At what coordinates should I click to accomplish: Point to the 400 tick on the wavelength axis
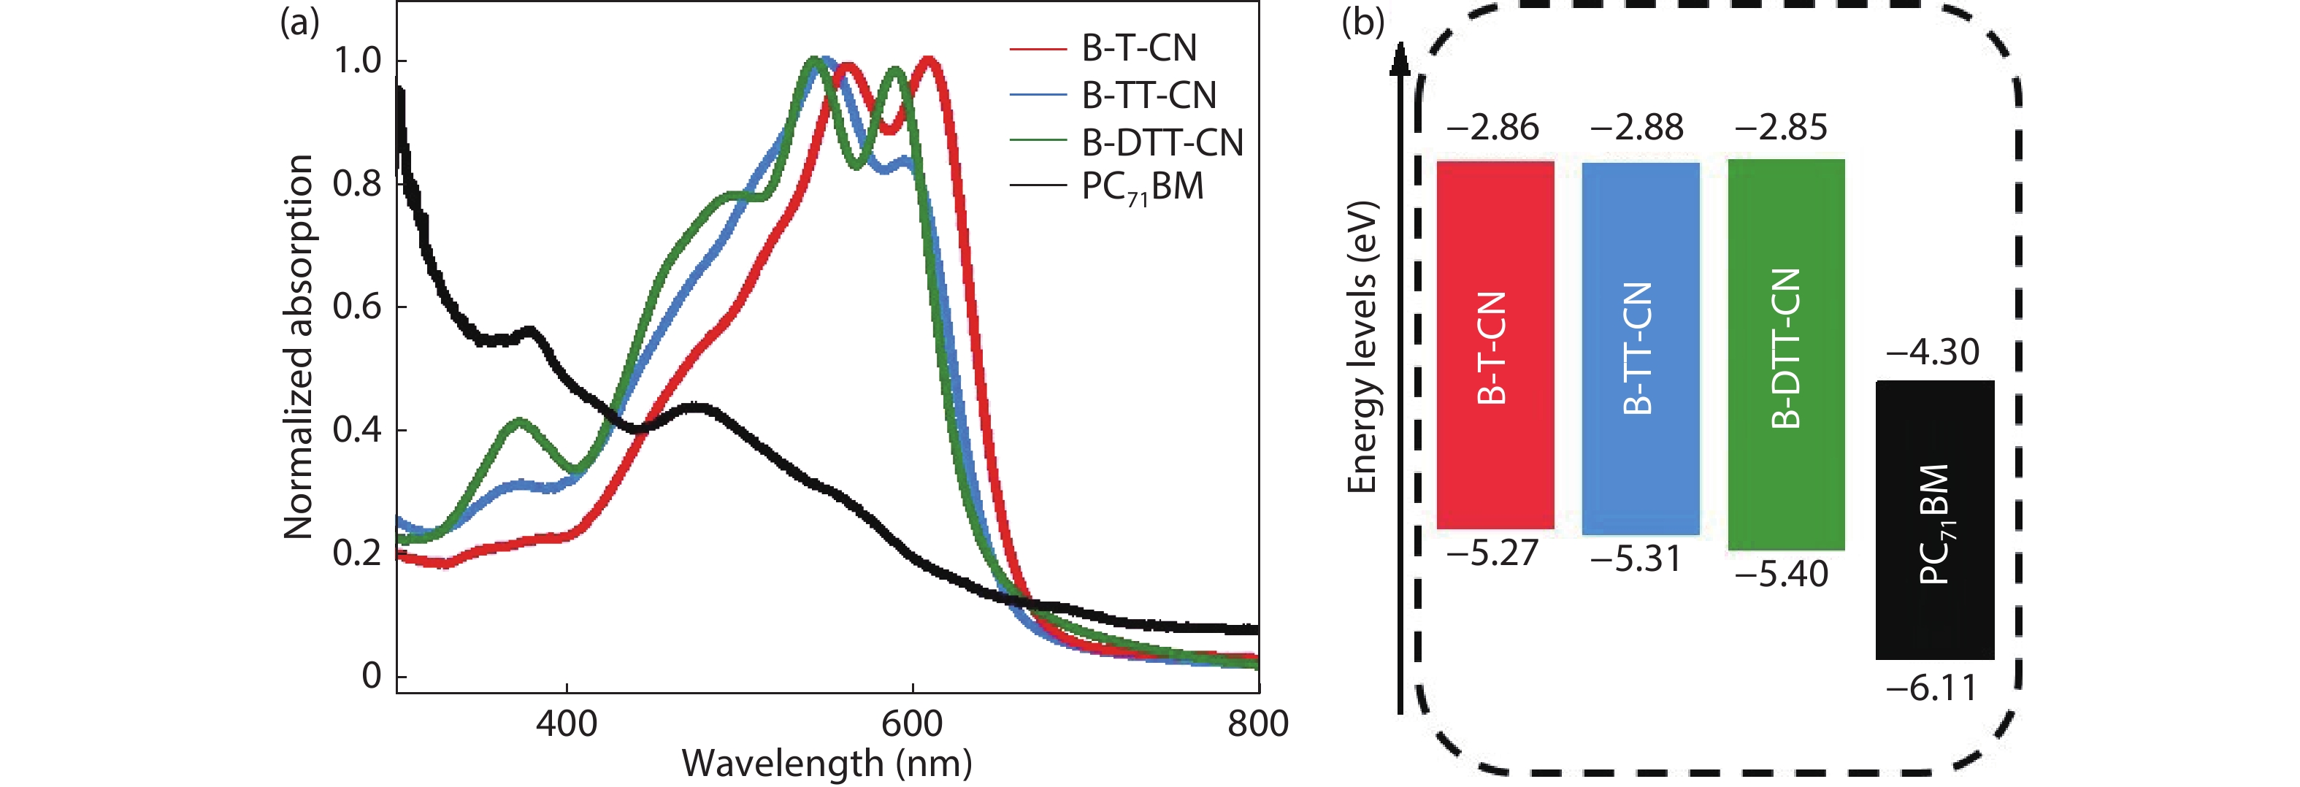(566, 722)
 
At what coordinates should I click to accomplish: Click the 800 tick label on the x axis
(1257, 722)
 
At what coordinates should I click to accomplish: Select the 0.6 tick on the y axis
(356, 307)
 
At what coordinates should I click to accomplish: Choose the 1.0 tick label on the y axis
(356, 61)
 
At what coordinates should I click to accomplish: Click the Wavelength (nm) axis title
(827, 764)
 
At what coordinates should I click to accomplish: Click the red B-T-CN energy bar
(1495, 345)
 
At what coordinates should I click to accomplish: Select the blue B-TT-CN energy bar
(1640, 348)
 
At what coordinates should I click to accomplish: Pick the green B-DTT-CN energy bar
(1786, 353)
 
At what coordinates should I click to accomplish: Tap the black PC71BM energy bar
(1934, 521)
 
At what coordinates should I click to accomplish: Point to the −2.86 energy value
(1493, 128)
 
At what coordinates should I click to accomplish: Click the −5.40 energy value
(1782, 574)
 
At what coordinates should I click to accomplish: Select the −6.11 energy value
(1931, 688)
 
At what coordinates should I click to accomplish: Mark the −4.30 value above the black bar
(1932, 353)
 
